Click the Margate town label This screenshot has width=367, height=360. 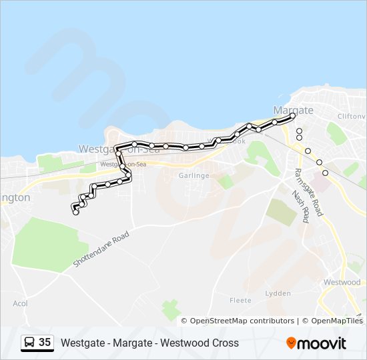(293, 109)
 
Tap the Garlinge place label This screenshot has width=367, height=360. (194, 175)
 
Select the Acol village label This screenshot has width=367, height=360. (20, 303)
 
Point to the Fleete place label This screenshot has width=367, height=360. (240, 301)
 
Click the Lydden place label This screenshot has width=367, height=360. (278, 293)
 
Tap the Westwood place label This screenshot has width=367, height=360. (342, 283)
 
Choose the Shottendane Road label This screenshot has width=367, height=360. (100, 250)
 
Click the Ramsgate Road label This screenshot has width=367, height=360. (309, 191)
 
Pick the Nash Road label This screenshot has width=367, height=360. (301, 207)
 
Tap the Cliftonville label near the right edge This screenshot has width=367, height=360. (351, 116)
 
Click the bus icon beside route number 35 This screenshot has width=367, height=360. (29, 343)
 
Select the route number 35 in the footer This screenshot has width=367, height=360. (45, 343)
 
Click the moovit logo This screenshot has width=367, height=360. (316, 343)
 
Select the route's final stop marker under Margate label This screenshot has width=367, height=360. (292, 116)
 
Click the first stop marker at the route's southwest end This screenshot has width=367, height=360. (75, 212)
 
